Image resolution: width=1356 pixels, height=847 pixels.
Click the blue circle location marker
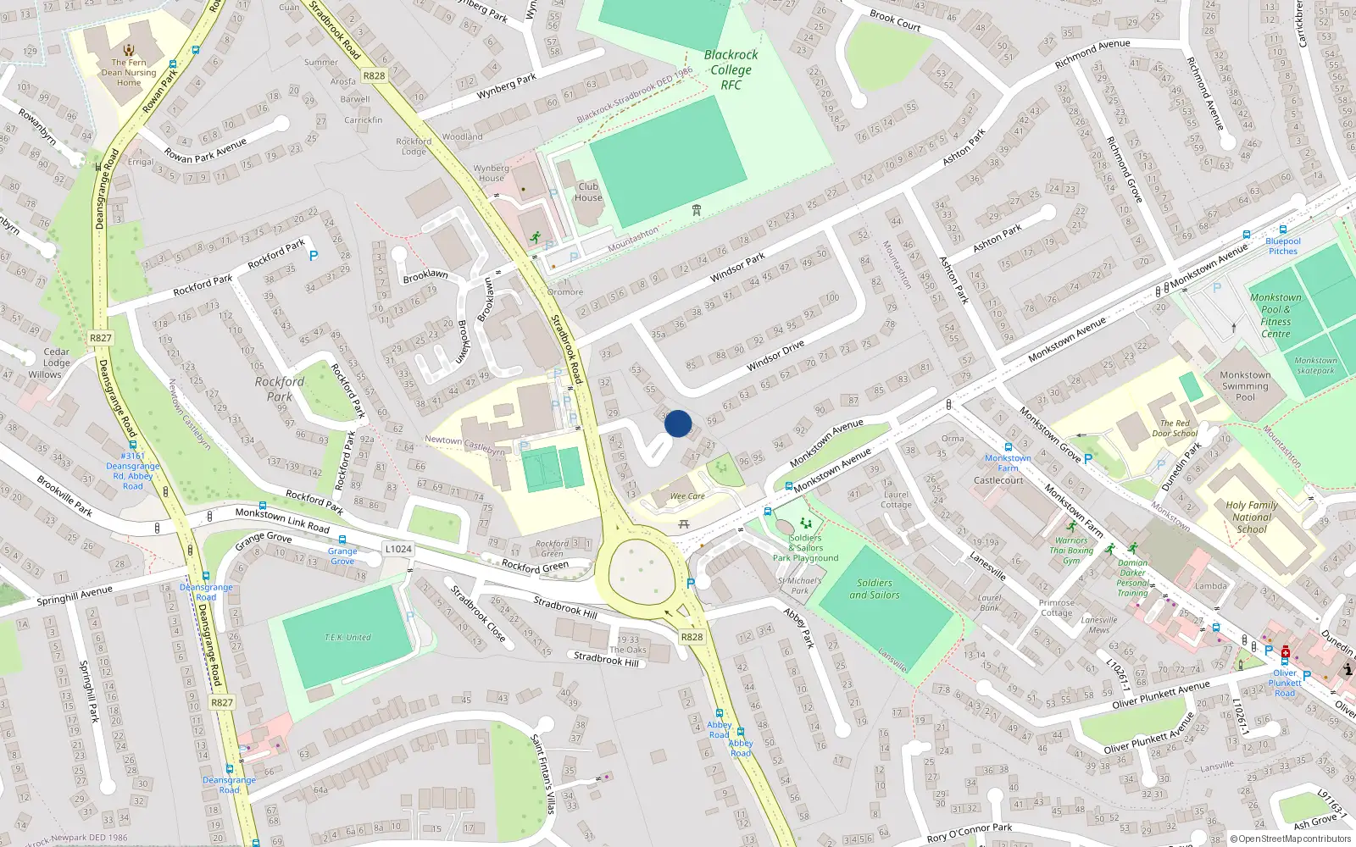[x=678, y=423]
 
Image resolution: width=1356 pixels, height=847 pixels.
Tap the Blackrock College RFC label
[x=731, y=69]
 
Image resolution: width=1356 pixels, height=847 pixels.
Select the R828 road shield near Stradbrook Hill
[x=692, y=637]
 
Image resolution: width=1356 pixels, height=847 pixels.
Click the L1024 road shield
[x=398, y=549]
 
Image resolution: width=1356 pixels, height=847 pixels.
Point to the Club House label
[x=588, y=192]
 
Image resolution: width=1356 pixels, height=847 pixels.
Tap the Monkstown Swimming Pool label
[x=1245, y=385]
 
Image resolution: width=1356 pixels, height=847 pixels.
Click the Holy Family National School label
[x=1252, y=517]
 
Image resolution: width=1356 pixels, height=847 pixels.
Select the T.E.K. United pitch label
[x=347, y=638]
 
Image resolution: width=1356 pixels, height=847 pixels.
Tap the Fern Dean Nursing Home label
[x=129, y=72]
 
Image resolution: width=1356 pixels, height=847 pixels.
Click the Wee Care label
[x=687, y=496]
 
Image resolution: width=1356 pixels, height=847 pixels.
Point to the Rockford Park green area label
[x=279, y=389]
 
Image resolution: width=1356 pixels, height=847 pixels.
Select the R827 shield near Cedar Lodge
[x=101, y=338]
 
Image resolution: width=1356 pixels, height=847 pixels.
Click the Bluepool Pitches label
[x=1282, y=246]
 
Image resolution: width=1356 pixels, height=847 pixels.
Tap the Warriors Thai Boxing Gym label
[x=1071, y=550]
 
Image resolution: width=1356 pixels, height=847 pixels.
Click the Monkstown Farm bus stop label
[x=1008, y=462]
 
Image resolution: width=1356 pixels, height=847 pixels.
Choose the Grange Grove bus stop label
[x=342, y=556]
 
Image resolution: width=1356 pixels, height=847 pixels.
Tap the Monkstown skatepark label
[x=1315, y=365]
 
